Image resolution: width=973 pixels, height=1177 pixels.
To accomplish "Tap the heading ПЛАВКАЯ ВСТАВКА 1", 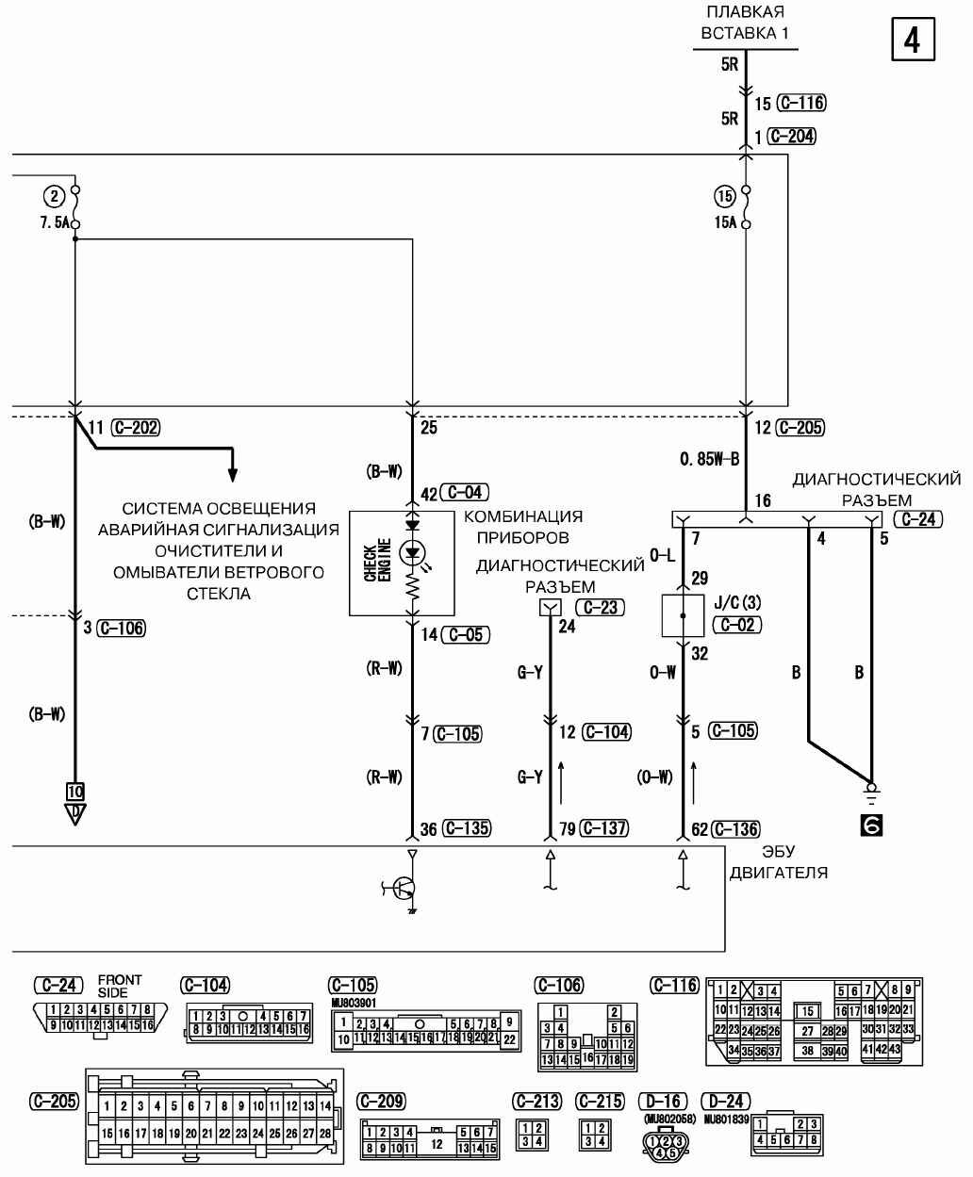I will tap(745, 24).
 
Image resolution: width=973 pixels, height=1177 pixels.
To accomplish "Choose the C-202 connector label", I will tap(135, 427).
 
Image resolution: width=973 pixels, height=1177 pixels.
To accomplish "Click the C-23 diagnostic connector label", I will tap(600, 607).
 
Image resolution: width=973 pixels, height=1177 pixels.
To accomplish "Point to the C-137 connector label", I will tap(605, 828).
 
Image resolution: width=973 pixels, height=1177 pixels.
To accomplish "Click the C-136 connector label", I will tap(735, 828).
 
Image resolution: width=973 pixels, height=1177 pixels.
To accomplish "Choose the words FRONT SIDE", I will tap(120, 986).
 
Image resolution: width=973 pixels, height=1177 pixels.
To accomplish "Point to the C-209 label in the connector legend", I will tap(381, 1101).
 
